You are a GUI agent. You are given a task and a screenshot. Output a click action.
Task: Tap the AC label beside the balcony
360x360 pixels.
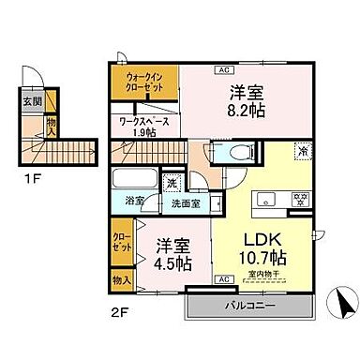(225, 279)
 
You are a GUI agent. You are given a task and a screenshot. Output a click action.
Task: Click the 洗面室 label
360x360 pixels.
(185, 203)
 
